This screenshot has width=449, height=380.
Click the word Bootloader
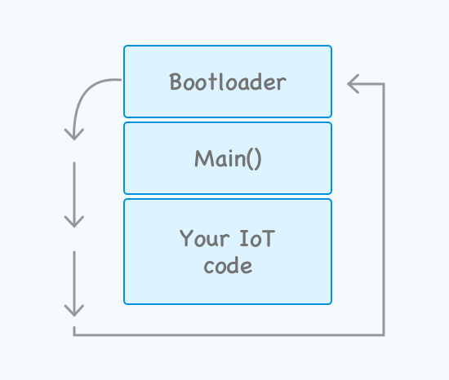[228, 82]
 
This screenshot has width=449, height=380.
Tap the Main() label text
[228, 159]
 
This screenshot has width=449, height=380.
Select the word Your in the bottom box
[204, 238]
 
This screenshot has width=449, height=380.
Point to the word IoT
[257, 238]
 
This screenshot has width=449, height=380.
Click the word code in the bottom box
[228, 266]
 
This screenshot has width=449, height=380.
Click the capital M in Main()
[204, 158]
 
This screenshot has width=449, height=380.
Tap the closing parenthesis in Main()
[257, 159]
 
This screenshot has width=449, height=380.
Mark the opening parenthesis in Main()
[250, 159]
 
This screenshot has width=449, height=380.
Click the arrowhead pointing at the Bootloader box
[353, 84]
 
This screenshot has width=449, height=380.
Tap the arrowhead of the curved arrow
[74, 135]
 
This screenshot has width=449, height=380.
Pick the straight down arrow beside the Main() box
[74, 195]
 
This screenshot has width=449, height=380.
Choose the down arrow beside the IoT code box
[74, 284]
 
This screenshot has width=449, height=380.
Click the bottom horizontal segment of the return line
[229, 334]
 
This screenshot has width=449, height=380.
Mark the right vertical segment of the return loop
[384, 210]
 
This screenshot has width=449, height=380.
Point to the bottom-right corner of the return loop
[384, 335]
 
